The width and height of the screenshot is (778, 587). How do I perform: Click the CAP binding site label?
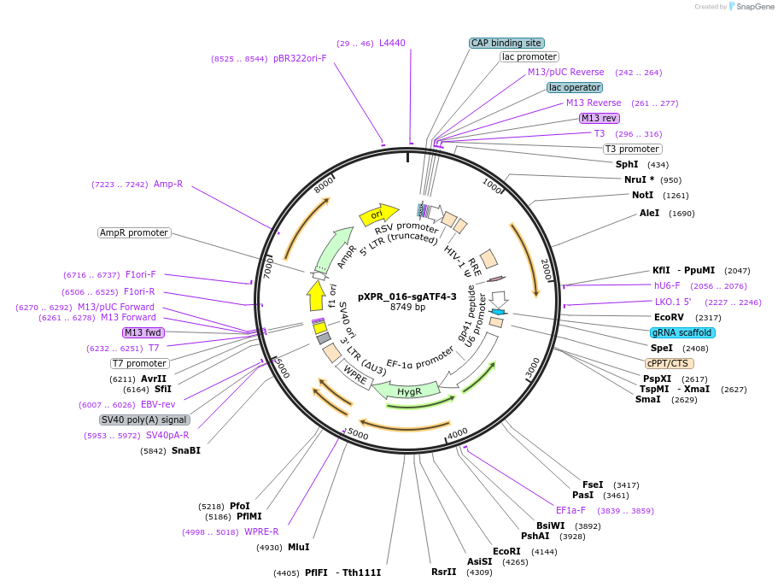506,43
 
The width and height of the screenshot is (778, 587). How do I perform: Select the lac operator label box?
575,87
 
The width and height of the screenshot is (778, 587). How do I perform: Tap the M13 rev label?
599,118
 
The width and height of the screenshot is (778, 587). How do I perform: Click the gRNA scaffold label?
681,332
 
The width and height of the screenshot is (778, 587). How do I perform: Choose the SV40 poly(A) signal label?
144,420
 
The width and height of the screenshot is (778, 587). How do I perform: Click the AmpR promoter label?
134,232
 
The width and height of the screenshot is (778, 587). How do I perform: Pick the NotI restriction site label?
642,195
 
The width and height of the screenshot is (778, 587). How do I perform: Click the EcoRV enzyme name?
670,317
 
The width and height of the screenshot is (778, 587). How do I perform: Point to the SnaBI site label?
186,450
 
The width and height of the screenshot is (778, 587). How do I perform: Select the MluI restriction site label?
298,547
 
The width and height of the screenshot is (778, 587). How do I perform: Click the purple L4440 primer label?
392,43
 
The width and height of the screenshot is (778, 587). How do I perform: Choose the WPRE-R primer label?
261,531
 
